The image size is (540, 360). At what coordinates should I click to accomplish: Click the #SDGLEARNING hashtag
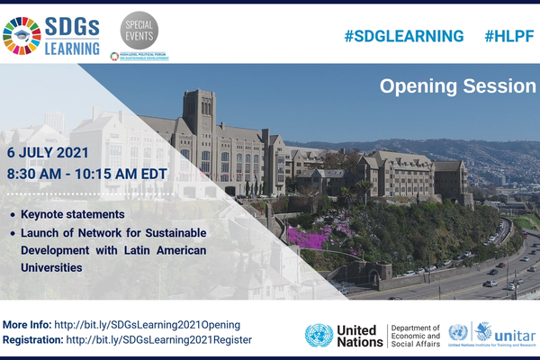coord(404,36)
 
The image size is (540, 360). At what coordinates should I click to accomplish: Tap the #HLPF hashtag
coord(509,36)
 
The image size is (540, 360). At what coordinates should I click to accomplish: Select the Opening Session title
coord(457,86)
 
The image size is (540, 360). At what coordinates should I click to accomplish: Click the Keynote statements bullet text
coord(74,216)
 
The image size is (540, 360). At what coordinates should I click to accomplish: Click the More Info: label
coord(26,323)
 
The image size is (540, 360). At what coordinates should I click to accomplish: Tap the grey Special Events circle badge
coord(139,31)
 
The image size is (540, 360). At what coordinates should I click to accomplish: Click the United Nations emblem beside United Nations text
coord(319,335)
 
